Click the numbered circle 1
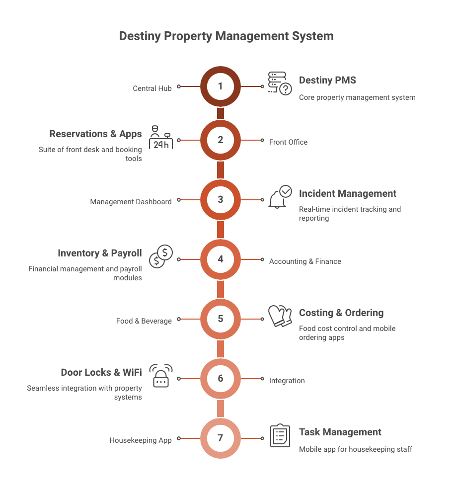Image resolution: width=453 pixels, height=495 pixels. coord(221,86)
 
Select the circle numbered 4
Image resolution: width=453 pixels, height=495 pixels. coord(221,259)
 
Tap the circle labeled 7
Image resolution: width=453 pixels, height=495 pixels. coord(221,438)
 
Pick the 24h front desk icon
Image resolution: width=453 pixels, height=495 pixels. coord(160,138)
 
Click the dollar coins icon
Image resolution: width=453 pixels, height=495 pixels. coord(161,256)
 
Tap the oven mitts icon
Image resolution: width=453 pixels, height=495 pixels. coord(280,316)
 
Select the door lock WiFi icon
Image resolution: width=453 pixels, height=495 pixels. coord(161,376)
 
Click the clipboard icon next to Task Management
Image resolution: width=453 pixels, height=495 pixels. coord(280,435)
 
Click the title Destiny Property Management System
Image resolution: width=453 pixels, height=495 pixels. coord(226,36)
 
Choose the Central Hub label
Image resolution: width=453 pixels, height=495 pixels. coord(152,88)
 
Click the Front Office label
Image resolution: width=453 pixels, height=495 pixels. coord(288,142)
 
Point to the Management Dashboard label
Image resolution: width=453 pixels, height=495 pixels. coord(131,202)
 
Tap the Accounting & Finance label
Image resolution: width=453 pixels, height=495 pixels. coord(305,261)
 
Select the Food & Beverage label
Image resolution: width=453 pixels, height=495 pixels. coord(144,321)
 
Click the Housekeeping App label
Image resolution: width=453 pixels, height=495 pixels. coord(141,440)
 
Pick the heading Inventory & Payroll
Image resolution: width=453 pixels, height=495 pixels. coord(99,253)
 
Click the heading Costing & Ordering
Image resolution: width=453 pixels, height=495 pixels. coord(341,313)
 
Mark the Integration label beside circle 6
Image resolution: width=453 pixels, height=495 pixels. coord(287,381)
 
